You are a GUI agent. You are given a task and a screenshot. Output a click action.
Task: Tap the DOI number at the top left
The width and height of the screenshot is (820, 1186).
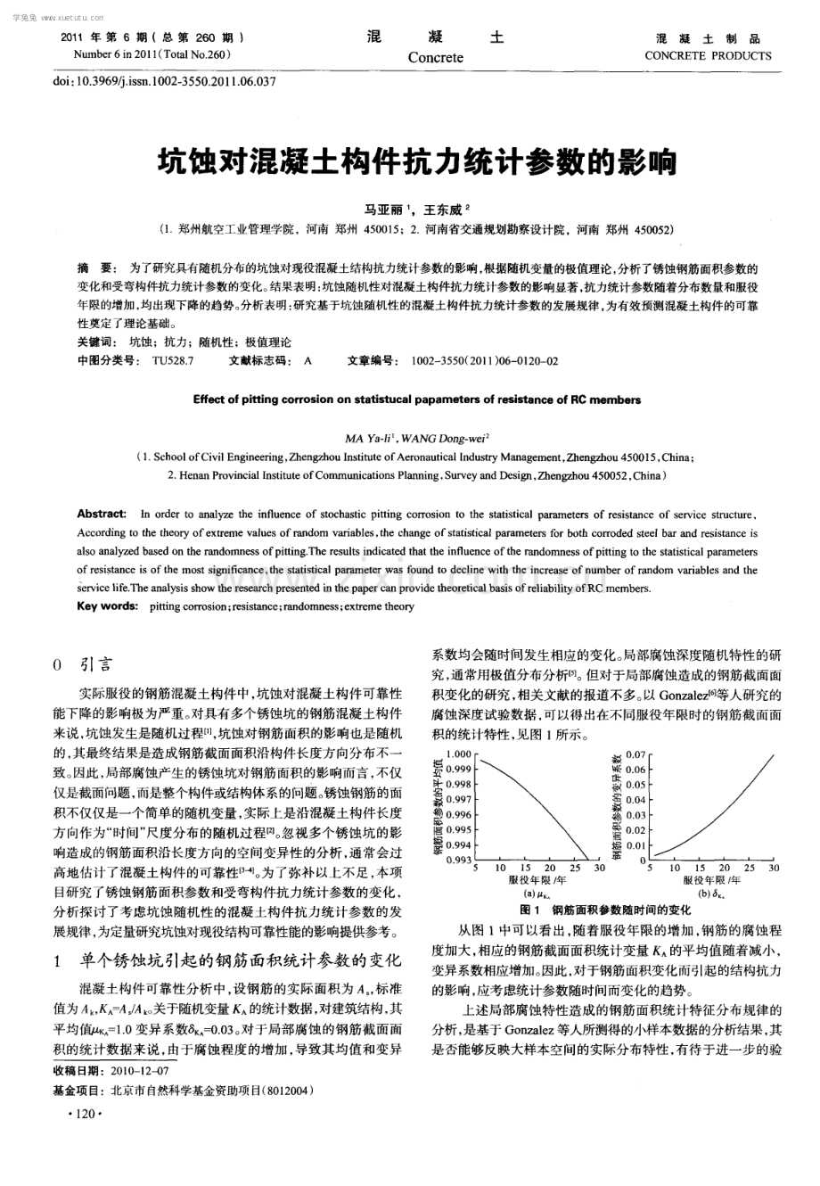166,81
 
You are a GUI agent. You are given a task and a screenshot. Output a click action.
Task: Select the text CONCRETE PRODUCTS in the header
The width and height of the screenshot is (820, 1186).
708,55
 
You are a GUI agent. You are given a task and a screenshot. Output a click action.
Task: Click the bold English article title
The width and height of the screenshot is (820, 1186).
416,400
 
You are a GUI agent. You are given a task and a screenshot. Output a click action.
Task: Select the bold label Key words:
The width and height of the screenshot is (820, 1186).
107,606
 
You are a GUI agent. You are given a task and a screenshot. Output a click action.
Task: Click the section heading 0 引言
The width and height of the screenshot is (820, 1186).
83,664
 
